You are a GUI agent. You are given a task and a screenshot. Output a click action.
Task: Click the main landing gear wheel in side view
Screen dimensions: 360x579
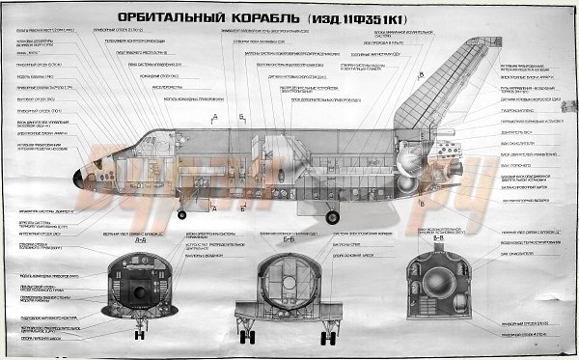(x=334, y=214)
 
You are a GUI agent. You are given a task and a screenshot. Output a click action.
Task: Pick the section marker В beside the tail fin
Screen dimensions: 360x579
(x=421, y=74)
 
